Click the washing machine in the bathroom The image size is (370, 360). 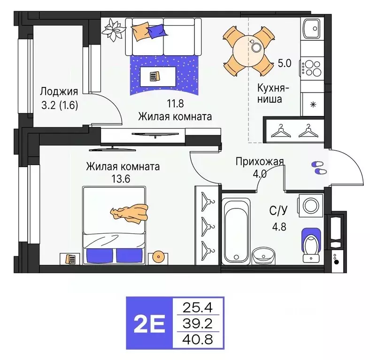coord(310,205)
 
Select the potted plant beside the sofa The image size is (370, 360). coord(113,30)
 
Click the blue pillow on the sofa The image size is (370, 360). coord(155,32)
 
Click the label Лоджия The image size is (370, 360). coord(59,92)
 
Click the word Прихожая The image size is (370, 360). coord(259,162)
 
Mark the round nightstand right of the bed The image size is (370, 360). coord(158,257)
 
